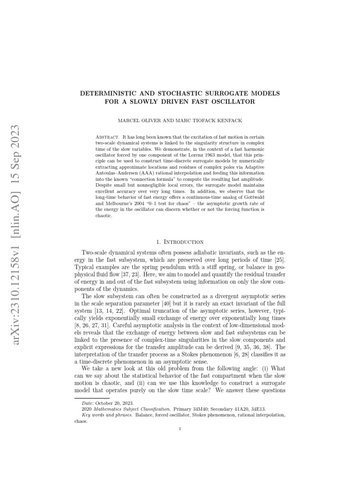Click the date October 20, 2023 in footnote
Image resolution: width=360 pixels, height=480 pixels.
[x=119, y=403]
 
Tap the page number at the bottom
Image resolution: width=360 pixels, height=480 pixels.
[x=180, y=427]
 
